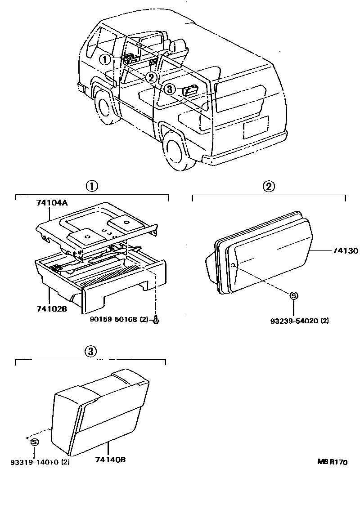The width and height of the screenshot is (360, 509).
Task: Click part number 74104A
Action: tap(52, 203)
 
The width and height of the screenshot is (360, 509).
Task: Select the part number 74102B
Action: tap(52, 309)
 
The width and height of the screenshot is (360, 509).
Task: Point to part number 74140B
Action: tap(110, 460)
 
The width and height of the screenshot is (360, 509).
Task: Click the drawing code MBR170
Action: tap(333, 462)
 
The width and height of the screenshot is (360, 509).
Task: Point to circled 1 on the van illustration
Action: tap(105, 59)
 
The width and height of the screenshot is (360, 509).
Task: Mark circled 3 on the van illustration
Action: tap(169, 89)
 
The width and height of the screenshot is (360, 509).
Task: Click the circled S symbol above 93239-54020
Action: tap(293, 295)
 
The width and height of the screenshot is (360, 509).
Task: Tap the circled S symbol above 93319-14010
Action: tap(34, 442)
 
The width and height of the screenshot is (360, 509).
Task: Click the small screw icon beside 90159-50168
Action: tap(155, 320)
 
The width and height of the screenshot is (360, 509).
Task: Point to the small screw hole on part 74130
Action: tap(233, 265)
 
